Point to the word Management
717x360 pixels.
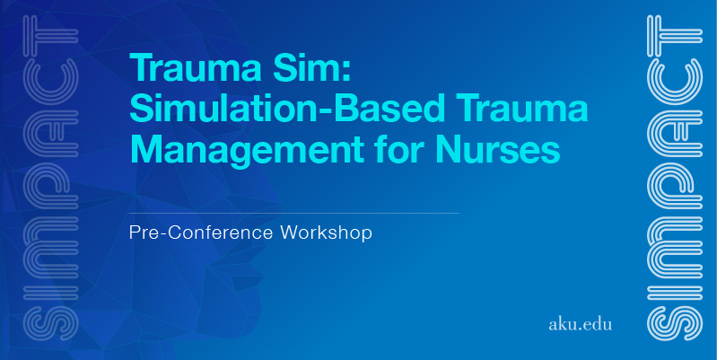247,150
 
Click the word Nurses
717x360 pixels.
498,149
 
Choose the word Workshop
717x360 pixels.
326,233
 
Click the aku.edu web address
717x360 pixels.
580,324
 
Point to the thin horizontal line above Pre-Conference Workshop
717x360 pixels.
294,213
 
